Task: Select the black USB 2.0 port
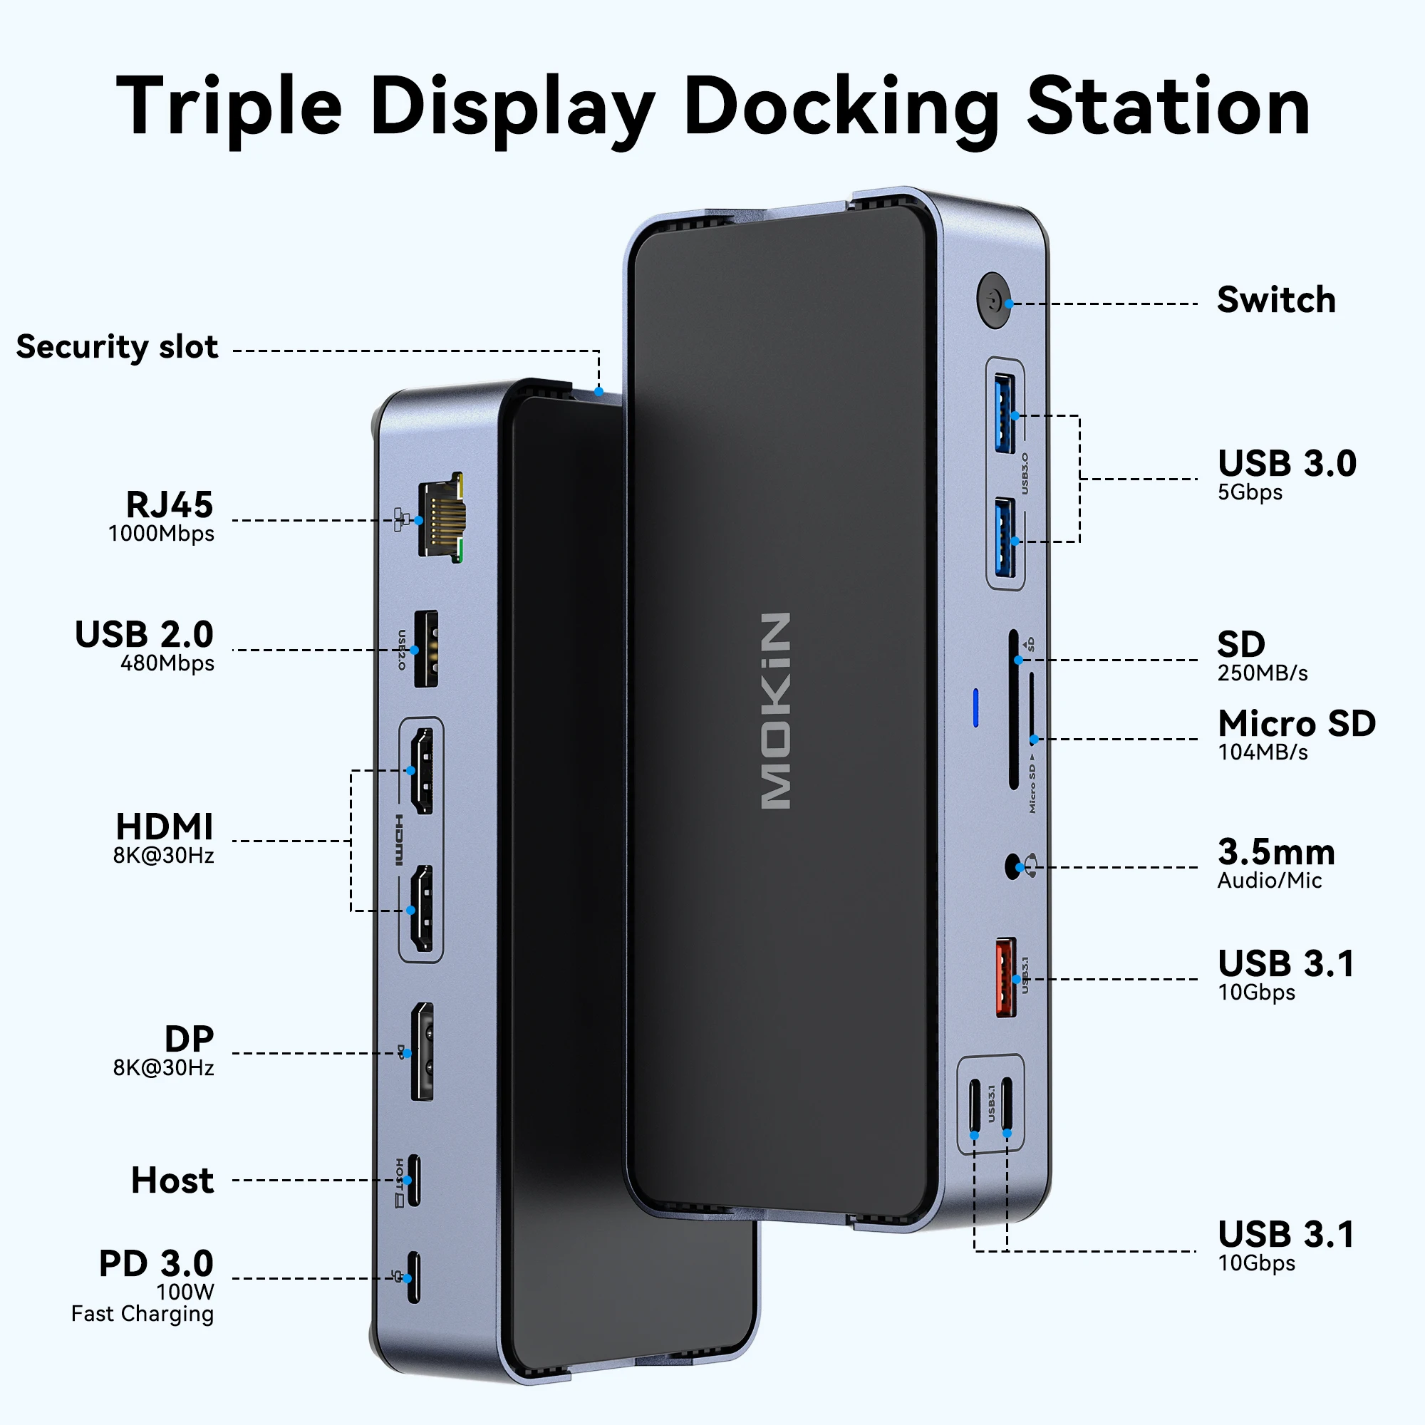(425, 649)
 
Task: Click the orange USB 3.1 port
(1005, 978)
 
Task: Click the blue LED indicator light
(976, 708)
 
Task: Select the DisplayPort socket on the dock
(422, 1052)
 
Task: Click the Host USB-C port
(413, 1179)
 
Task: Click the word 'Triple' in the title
(229, 107)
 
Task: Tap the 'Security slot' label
(117, 347)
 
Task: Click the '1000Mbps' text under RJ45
(161, 533)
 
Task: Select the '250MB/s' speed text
(1262, 673)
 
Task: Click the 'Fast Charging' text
(142, 1314)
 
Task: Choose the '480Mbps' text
(167, 663)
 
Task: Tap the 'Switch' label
(1275, 300)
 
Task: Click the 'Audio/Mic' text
(1269, 880)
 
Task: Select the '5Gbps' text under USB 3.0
(1250, 492)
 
